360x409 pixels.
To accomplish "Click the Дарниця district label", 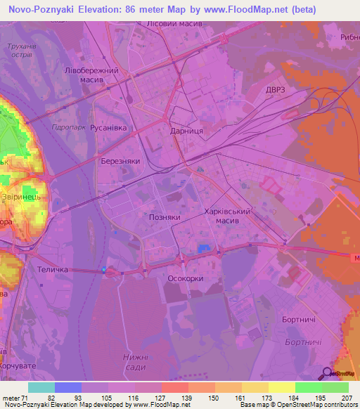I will pyautogui.click(x=187, y=131).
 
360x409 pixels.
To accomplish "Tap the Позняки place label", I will pyautogui.click(x=165, y=218).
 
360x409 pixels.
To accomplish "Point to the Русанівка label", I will pyautogui.click(x=108, y=128).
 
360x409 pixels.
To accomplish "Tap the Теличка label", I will pyautogui.click(x=52, y=270).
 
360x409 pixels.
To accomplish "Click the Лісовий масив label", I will pyautogui.click(x=174, y=24).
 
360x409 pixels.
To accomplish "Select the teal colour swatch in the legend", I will pyautogui.click(x=41, y=387).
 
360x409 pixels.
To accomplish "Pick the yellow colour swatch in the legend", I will pyautogui.click(x=281, y=387).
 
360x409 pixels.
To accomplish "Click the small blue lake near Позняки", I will pyautogui.click(x=205, y=248).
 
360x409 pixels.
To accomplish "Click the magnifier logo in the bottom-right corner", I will pyautogui.click(x=328, y=374).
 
